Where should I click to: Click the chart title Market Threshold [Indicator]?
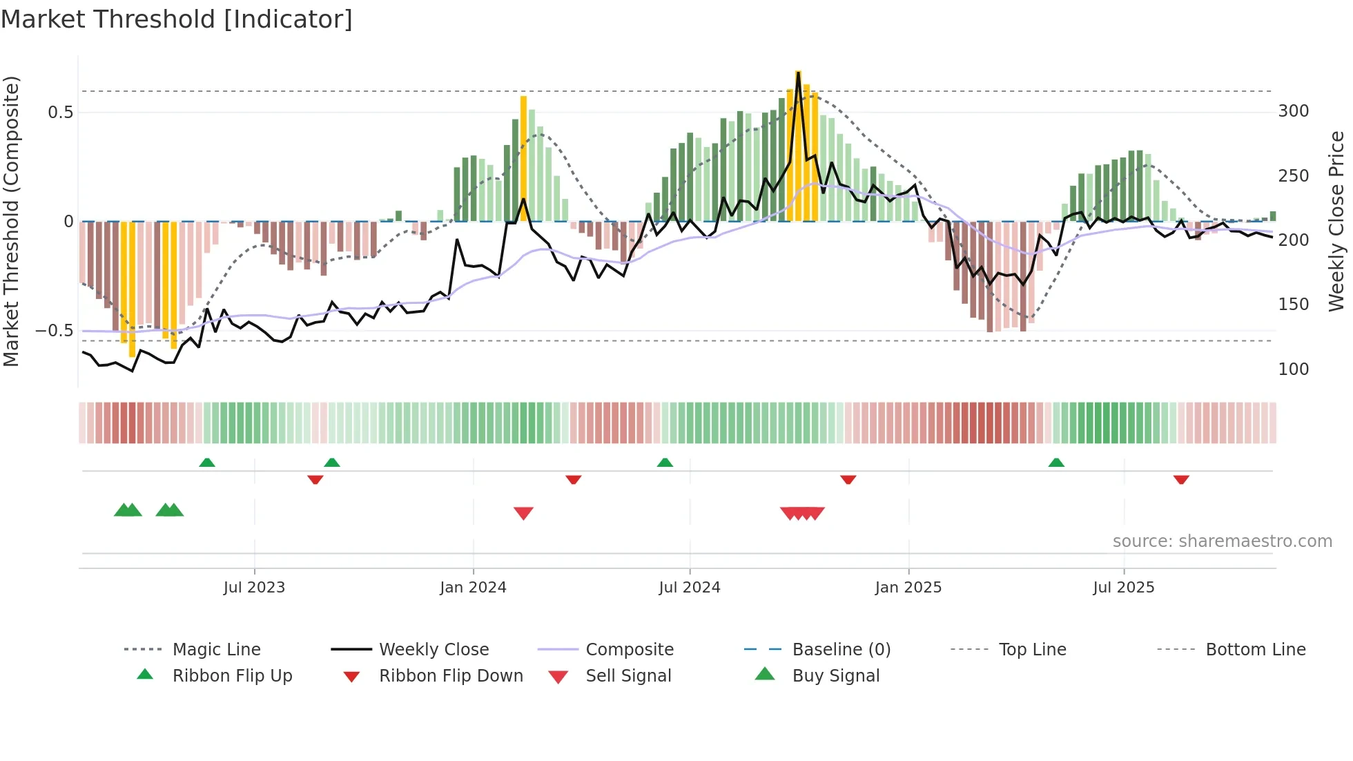click(x=177, y=19)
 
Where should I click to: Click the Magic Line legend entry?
click(x=216, y=650)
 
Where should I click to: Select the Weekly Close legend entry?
click(x=434, y=650)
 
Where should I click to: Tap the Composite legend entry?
click(x=629, y=650)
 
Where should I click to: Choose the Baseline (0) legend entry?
click(x=841, y=650)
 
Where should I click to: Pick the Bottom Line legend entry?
click(x=1255, y=650)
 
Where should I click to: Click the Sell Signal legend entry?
click(x=627, y=676)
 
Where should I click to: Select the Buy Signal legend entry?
click(x=835, y=676)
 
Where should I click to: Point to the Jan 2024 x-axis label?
click(x=473, y=588)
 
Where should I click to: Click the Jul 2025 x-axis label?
click(x=1123, y=588)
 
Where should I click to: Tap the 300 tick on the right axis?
click(x=1293, y=111)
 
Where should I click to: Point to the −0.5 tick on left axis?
click(x=54, y=331)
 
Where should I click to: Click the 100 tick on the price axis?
click(x=1293, y=369)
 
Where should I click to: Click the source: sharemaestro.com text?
click(x=1222, y=541)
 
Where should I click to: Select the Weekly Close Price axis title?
click(x=1336, y=221)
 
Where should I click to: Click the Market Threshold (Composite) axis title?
click(x=11, y=221)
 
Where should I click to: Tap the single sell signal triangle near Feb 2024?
click(x=523, y=513)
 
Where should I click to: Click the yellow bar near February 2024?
click(x=523, y=159)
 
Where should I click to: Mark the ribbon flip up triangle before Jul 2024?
click(x=665, y=463)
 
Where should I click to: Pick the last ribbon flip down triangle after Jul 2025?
click(x=1181, y=479)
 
